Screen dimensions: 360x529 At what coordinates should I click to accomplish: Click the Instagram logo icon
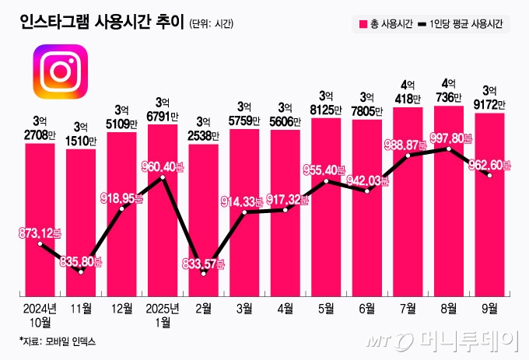(60, 72)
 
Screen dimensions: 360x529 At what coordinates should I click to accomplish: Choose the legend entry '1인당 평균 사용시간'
(467, 23)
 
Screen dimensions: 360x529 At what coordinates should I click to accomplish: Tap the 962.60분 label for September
(489, 165)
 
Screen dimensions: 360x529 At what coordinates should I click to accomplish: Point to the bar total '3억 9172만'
(489, 96)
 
